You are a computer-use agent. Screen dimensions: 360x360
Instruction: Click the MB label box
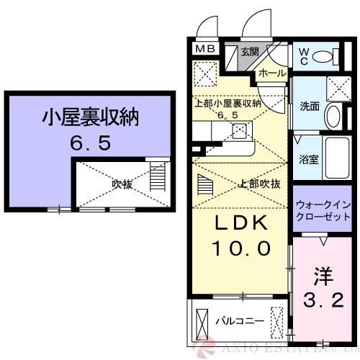(205, 49)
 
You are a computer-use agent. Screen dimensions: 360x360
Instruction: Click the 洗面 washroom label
(310, 106)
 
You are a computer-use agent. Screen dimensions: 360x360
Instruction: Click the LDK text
(240, 223)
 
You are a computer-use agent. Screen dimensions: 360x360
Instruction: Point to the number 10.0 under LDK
(240, 249)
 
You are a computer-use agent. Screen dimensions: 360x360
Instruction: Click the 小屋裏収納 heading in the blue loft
(90, 117)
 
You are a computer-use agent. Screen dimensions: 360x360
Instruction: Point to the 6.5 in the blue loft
(90, 143)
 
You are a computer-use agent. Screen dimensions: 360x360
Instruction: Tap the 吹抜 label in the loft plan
(122, 184)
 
